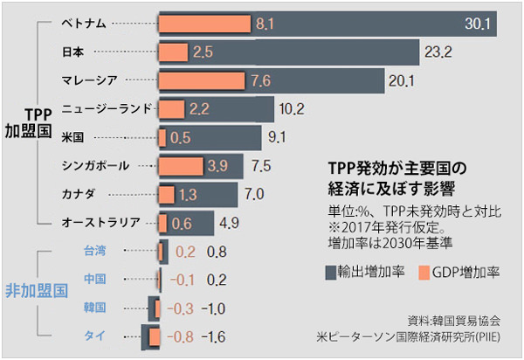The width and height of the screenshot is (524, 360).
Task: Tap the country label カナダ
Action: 78,193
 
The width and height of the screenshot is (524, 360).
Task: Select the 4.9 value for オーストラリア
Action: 230,222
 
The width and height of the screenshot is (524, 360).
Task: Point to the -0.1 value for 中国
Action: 183,280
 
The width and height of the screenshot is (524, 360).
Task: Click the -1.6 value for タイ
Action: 215,336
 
